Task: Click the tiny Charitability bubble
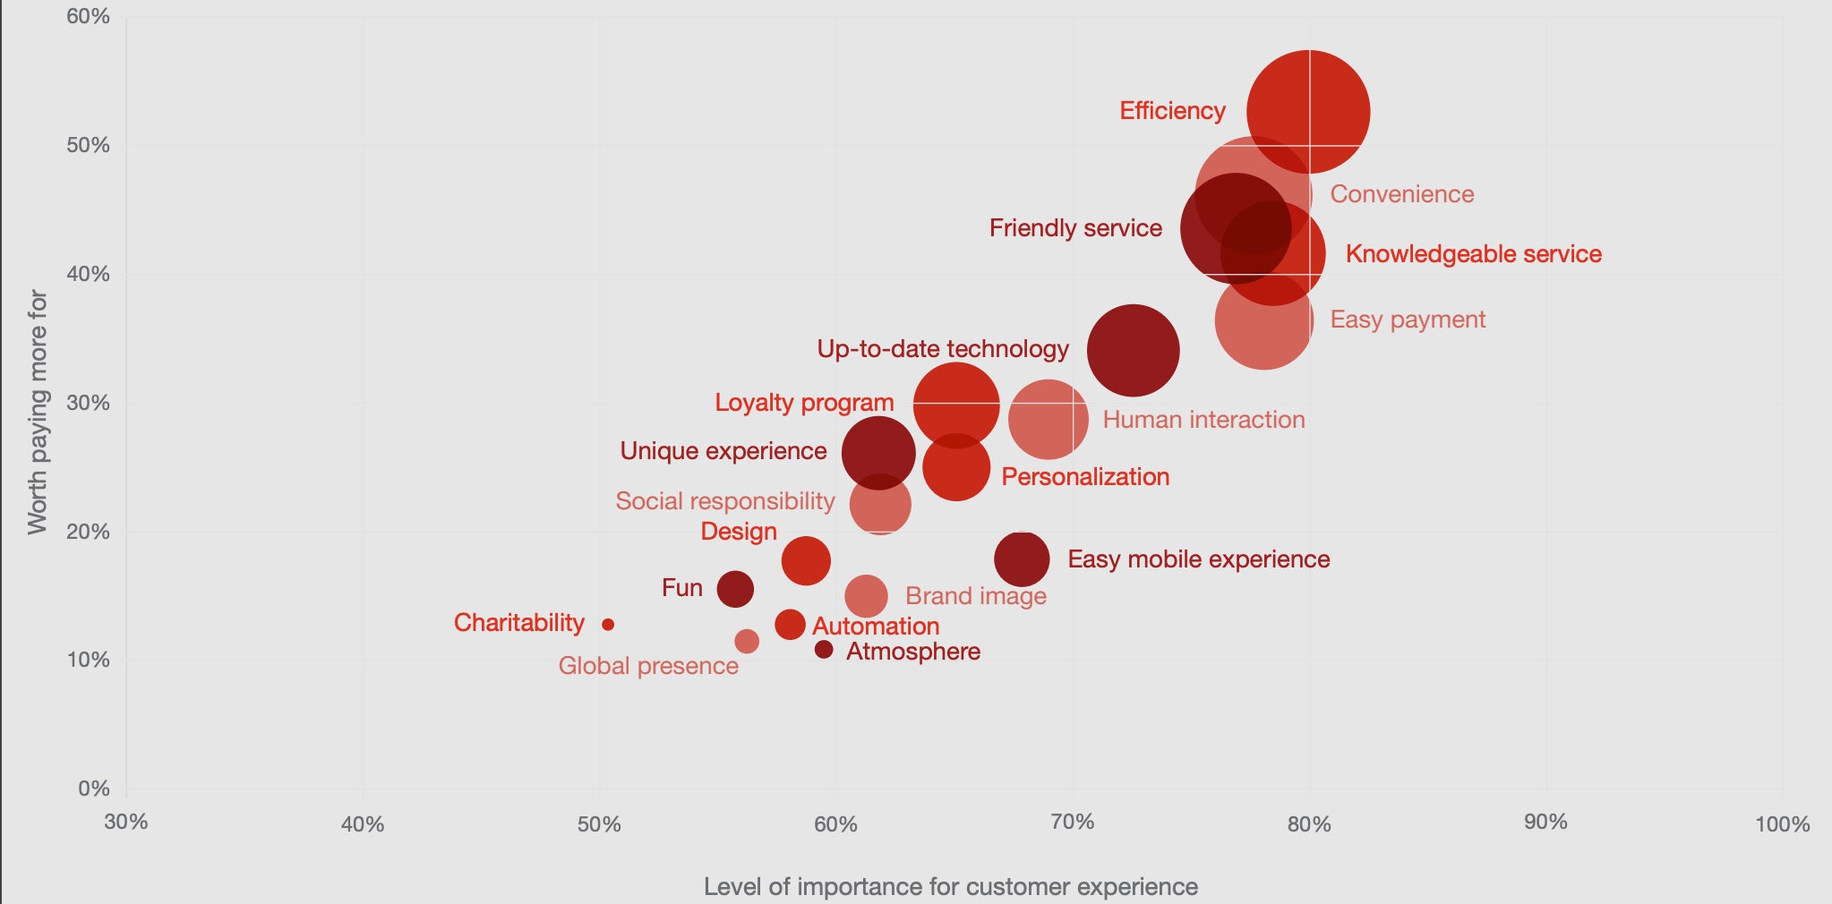pos(608,625)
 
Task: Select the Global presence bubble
pos(747,641)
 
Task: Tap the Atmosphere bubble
pos(824,649)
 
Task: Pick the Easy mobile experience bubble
pos(1022,559)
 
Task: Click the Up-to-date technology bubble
pos(1133,350)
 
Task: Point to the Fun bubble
pos(735,589)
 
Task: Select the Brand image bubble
pos(866,595)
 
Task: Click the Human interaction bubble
pos(1048,418)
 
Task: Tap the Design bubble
pos(806,561)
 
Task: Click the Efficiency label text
pos(1172,111)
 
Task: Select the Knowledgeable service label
pos(1473,254)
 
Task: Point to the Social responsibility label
pos(724,501)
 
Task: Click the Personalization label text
pos(1085,477)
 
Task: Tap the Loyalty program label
pos(804,403)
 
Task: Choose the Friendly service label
pos(1075,228)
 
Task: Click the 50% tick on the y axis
pos(88,145)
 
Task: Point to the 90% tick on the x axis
pos(1545,823)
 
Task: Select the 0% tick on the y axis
pos(94,789)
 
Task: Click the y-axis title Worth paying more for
pos(37,412)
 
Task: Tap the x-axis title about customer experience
pos(950,887)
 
